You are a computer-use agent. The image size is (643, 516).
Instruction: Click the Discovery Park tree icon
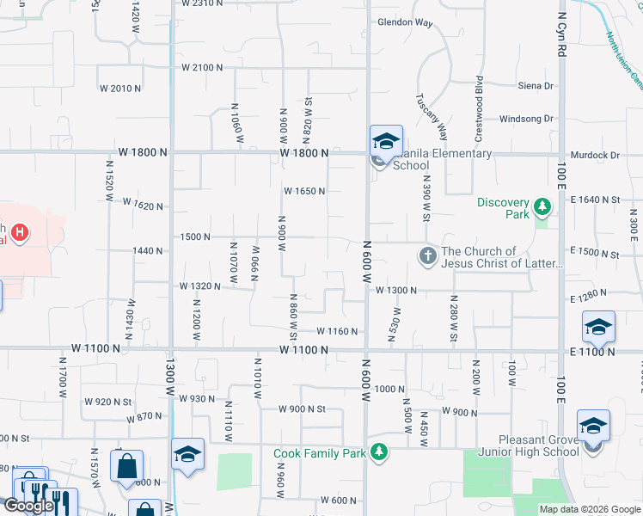coord(542,207)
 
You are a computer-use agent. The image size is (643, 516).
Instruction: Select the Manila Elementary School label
coord(442,160)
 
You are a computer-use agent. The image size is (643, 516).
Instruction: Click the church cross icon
coord(427,255)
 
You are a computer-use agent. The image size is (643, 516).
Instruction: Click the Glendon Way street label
coord(405,23)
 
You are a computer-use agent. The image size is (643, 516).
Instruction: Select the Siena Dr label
coord(536,86)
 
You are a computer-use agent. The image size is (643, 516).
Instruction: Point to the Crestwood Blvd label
coord(480,100)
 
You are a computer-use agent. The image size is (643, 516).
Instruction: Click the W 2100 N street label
coord(202,67)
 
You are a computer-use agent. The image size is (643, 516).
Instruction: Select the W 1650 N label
coord(304,191)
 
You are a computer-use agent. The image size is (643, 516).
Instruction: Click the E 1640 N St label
coord(595,200)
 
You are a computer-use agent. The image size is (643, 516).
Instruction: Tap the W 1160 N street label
coord(337,331)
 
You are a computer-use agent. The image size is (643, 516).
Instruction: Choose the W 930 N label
coord(196,398)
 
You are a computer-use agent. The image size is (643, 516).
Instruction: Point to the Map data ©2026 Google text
coord(590,509)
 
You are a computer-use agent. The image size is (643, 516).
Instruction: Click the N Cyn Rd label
coord(562,35)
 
